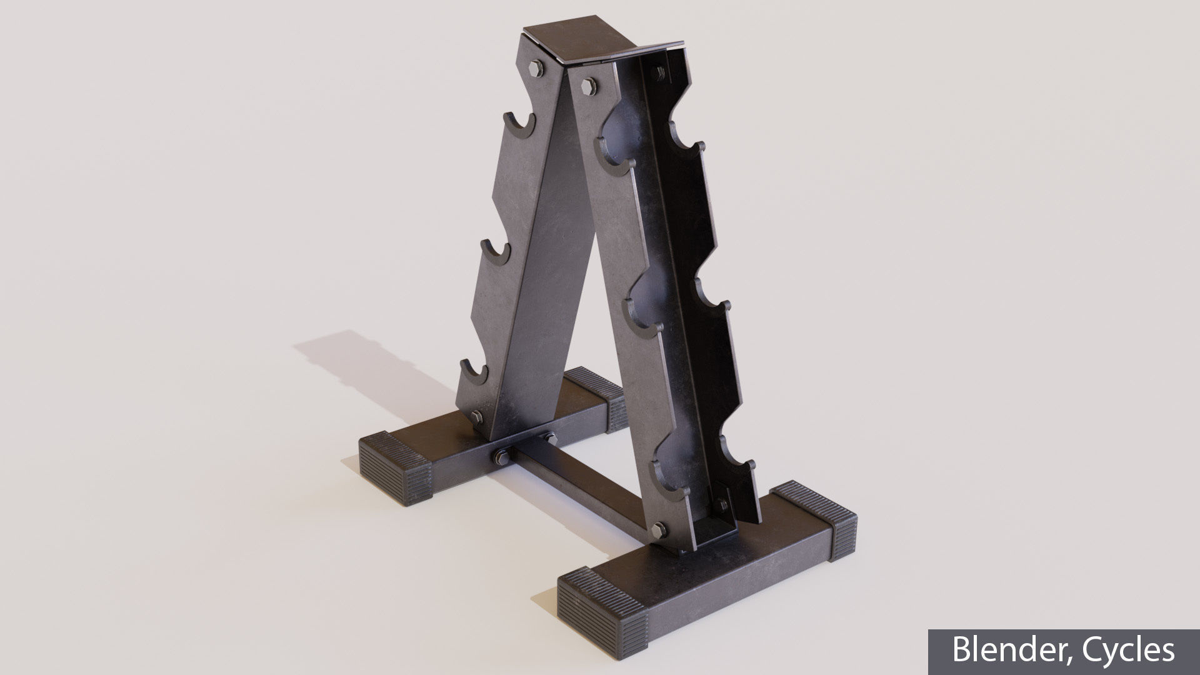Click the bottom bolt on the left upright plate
point(476,417)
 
